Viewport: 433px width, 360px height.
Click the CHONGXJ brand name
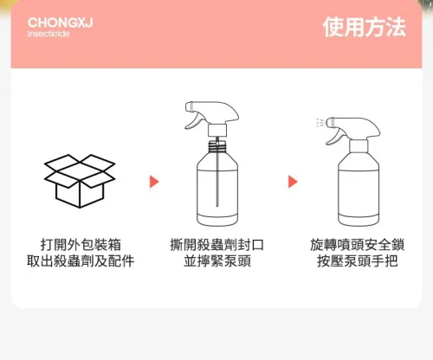pos(61,22)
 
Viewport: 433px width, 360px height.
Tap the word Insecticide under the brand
pos(48,34)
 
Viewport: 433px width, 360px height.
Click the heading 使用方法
pos(365,27)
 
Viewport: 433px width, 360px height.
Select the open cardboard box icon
pos(80,181)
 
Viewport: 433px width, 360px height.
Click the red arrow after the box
pos(154,182)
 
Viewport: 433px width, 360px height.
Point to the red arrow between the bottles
pos(293,182)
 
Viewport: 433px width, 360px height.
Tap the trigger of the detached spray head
pos(194,121)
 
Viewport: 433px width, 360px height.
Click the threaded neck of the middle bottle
pos(217,145)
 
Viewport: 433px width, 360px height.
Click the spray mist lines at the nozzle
pos(320,123)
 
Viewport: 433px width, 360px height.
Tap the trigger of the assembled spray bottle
pos(335,137)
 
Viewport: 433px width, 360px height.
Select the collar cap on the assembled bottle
pos(359,146)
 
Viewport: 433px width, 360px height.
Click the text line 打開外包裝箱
pos(81,245)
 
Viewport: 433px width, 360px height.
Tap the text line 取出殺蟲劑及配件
pos(81,261)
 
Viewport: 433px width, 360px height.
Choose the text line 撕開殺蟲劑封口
pos(217,245)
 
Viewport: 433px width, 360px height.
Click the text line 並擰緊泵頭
pos(217,261)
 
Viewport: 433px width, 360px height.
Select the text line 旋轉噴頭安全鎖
pos(358,245)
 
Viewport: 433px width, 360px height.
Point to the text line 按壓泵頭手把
pos(358,261)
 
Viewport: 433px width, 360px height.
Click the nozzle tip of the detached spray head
pos(189,106)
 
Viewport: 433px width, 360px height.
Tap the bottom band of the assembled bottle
pos(359,221)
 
